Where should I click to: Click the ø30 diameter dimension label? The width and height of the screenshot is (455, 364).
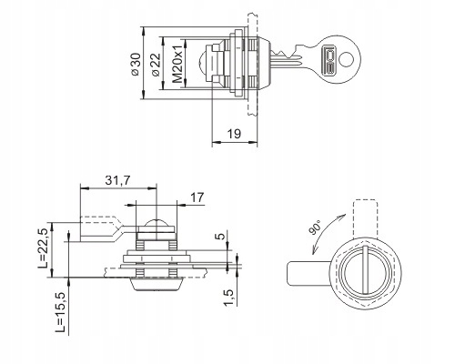point(136,65)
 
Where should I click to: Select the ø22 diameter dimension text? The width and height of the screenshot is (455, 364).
point(155,65)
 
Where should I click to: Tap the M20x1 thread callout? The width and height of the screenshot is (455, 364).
point(177,65)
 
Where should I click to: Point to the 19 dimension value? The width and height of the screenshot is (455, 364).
point(234,134)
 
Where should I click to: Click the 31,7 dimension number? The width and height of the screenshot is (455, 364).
point(117,180)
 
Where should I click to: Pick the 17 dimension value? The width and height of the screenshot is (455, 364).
point(197,197)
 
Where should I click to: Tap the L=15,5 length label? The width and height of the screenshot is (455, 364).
point(61,312)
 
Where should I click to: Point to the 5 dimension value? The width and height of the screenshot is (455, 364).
point(222,236)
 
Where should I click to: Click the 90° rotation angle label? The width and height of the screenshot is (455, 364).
point(316,228)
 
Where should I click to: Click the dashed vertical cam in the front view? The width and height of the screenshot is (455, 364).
point(366,218)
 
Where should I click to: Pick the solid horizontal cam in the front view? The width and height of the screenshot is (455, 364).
point(309,273)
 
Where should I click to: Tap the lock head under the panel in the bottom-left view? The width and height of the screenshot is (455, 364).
point(157,284)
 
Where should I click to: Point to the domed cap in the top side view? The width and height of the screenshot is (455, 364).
point(202,64)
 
